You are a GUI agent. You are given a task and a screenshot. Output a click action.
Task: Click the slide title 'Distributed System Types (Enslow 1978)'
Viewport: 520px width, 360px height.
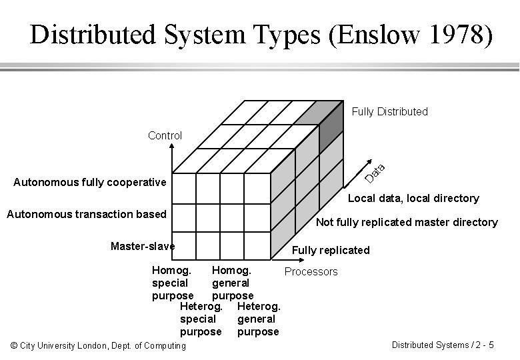coord(262,35)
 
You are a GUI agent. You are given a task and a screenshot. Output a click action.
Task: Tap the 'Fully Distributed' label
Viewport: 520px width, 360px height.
coord(389,111)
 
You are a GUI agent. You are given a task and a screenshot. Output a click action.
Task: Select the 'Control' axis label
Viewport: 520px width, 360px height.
coord(165,135)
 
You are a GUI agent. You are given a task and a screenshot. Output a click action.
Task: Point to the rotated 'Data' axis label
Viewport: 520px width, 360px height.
coord(376,172)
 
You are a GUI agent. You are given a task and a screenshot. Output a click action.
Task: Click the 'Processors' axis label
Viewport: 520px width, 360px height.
coord(311,271)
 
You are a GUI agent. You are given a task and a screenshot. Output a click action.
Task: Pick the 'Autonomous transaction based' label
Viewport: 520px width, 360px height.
coord(86,214)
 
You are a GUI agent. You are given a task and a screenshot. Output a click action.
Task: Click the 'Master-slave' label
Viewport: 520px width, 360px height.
coord(143,246)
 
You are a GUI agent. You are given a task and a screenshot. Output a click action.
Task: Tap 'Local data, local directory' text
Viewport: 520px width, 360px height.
coord(413,198)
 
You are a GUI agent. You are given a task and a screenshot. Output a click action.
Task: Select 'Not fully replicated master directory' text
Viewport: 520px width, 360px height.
coord(407,222)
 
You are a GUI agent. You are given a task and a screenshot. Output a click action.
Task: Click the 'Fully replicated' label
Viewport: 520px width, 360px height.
coord(331,250)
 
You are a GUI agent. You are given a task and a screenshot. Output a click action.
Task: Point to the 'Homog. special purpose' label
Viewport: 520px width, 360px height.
coord(173,283)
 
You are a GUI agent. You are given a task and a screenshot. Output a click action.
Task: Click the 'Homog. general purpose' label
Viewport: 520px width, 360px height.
coord(232,283)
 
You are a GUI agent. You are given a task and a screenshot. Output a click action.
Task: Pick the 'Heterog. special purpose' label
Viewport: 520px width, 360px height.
coord(201,319)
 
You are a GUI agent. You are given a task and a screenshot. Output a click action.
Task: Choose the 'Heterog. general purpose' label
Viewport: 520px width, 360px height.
coord(259,319)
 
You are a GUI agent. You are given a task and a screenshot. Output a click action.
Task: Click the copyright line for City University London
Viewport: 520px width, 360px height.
coord(99,345)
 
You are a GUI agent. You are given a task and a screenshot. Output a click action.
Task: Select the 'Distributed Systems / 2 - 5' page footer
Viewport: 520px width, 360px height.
coord(443,345)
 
